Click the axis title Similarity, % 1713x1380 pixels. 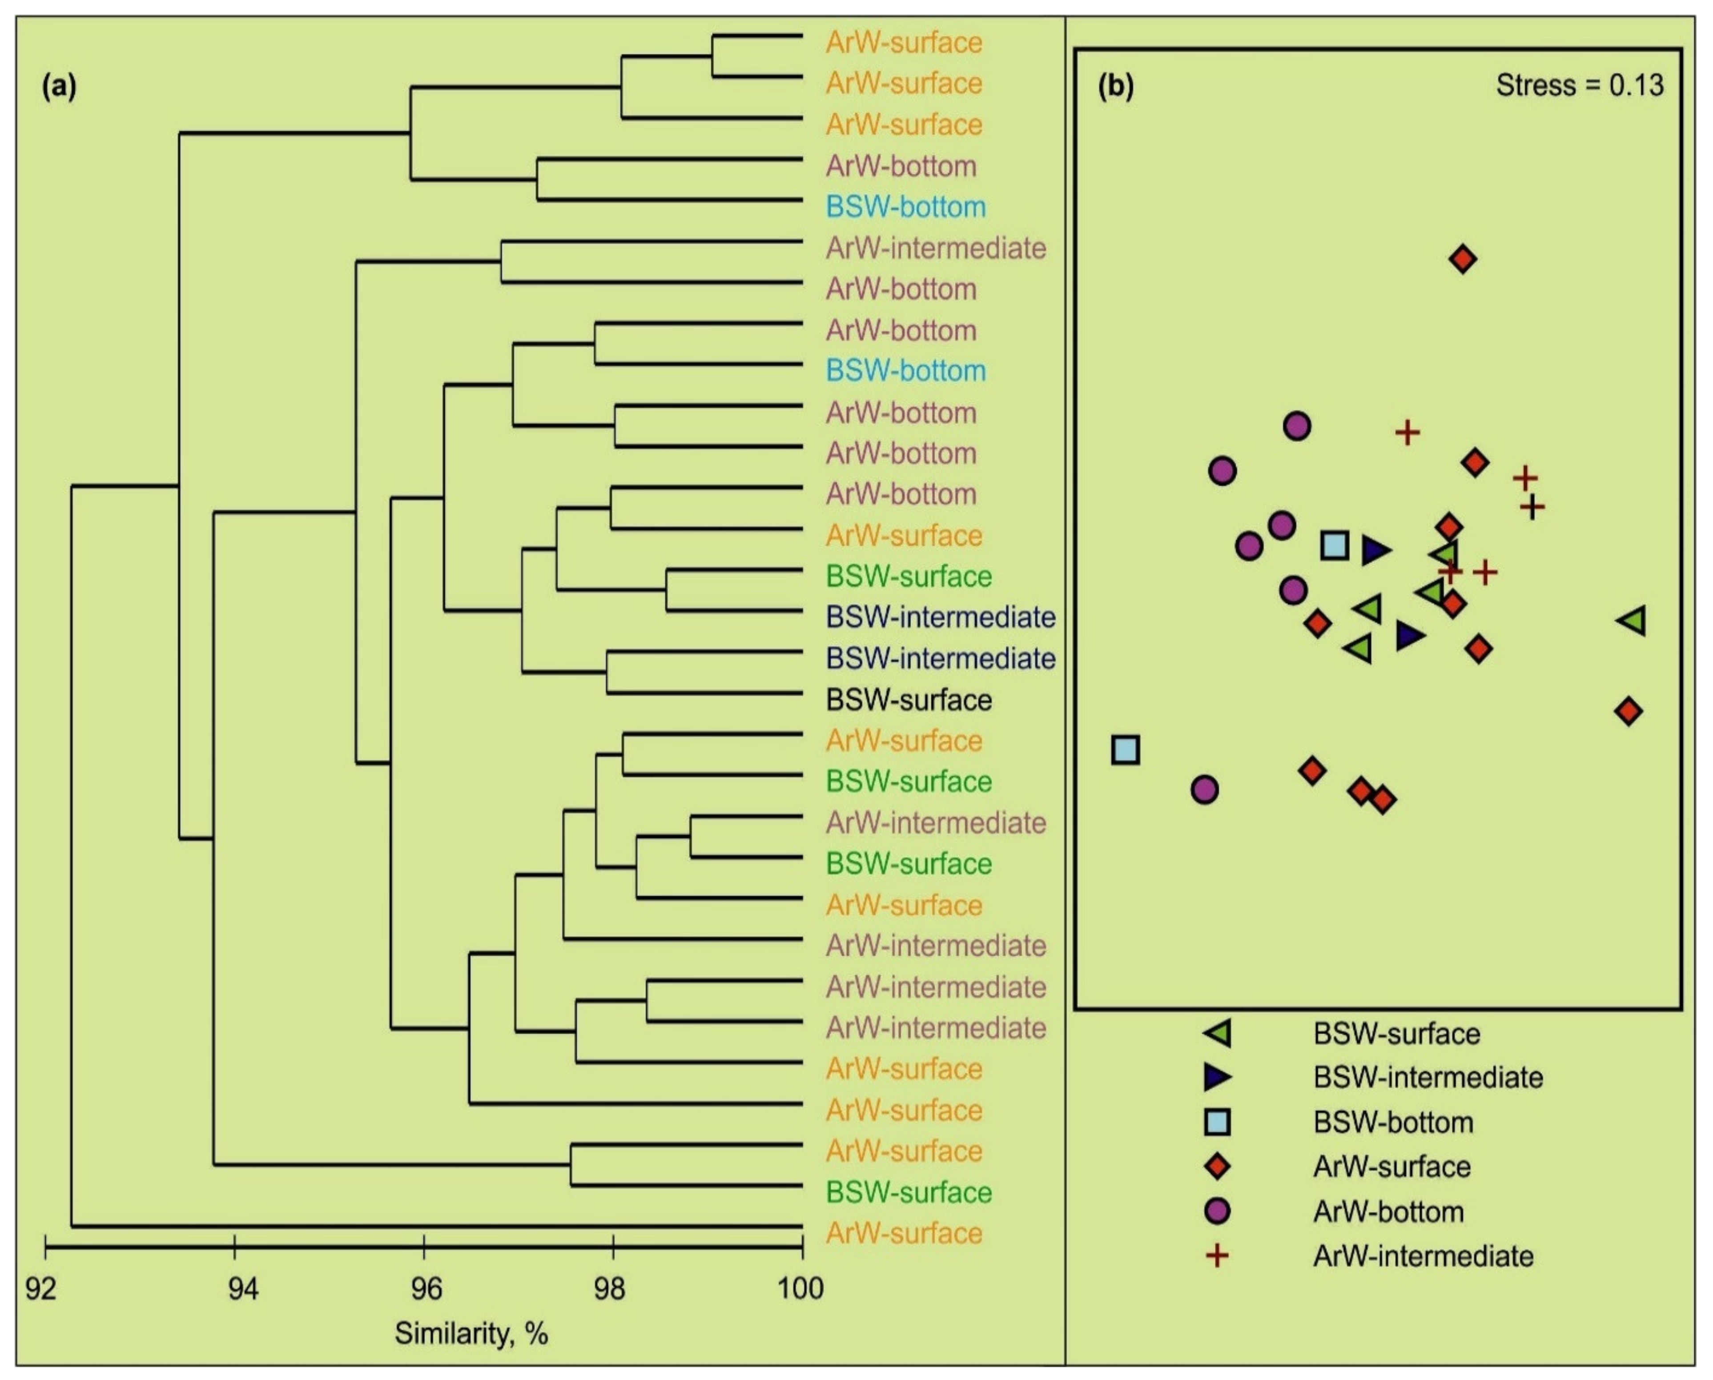[x=471, y=1333]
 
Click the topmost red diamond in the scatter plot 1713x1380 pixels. [x=1463, y=259]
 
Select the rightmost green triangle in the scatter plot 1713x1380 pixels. [x=1633, y=621]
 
